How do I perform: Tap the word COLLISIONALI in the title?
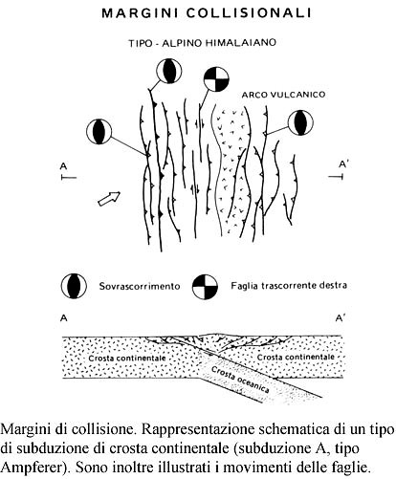click(x=249, y=13)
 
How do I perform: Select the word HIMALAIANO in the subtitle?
click(x=240, y=42)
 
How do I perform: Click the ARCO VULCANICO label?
click(x=283, y=95)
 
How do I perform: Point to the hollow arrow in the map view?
click(x=109, y=198)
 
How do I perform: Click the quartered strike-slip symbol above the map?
click(x=216, y=78)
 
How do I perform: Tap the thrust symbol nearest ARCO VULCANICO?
click(x=300, y=122)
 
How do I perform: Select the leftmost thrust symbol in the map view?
click(x=99, y=131)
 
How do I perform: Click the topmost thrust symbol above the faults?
click(x=168, y=71)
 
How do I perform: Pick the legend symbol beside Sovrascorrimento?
click(x=74, y=286)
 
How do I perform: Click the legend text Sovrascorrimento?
click(x=140, y=286)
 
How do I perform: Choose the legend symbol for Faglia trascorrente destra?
click(x=205, y=286)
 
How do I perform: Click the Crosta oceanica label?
click(x=240, y=380)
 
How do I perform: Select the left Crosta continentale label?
click(x=127, y=358)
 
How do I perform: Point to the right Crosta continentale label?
click(x=296, y=357)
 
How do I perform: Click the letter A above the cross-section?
click(x=64, y=318)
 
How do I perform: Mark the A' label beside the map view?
click(x=343, y=164)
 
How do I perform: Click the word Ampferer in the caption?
click(x=32, y=468)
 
